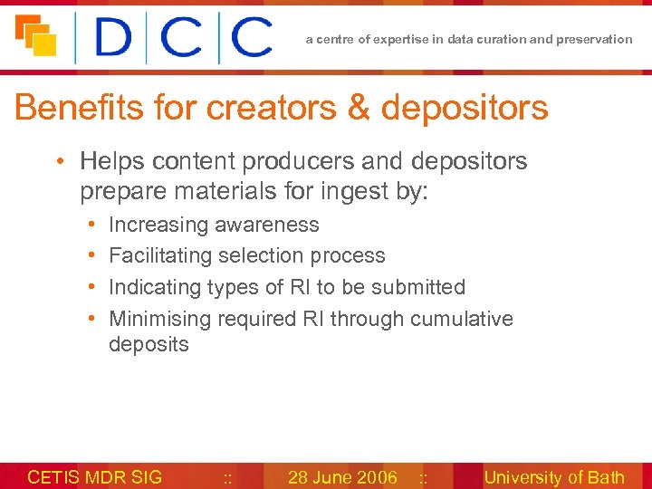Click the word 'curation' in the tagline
(504, 39)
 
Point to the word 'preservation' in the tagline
(598, 39)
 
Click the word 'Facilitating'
(164, 255)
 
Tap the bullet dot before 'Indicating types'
(93, 287)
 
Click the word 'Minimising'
(160, 319)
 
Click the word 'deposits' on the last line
(149, 344)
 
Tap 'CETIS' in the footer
(53, 477)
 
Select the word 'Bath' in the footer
(607, 477)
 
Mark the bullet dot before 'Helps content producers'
(57, 162)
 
